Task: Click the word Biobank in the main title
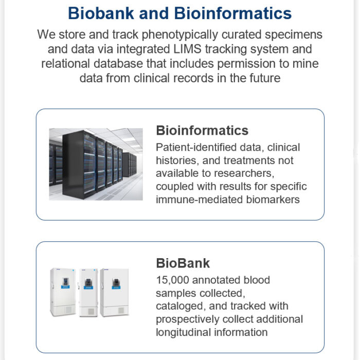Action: pos(101,13)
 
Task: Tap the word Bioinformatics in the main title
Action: pos(233,13)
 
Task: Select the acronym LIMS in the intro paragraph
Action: pos(187,49)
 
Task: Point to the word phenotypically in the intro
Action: pos(180,35)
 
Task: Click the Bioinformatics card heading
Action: pos(202,131)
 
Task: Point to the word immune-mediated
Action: pos(199,200)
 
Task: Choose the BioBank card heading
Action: pos(183,263)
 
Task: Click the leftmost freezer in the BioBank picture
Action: pos(63,292)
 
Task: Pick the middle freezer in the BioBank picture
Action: pos(88,293)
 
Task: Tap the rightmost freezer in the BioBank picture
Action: pos(115,292)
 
